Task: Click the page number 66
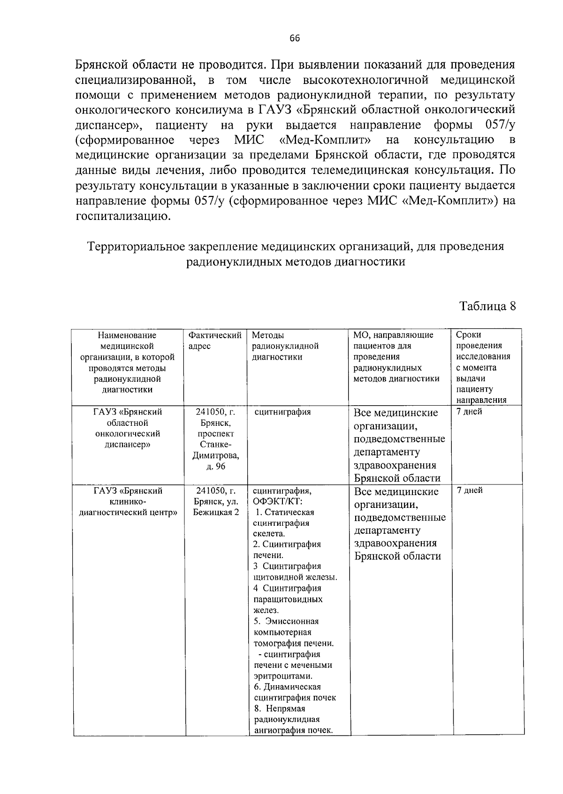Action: (x=295, y=38)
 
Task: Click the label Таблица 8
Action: (x=487, y=306)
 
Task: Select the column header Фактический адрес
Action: (x=214, y=340)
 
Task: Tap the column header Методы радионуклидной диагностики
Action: (x=285, y=346)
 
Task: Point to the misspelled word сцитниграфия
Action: (x=282, y=412)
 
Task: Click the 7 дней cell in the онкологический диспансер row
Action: (x=469, y=412)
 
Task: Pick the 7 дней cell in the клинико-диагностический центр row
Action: (x=470, y=491)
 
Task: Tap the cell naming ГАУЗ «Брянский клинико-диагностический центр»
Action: (x=128, y=501)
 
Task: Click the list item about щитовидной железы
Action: (x=295, y=571)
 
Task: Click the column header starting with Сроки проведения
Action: (x=482, y=367)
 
